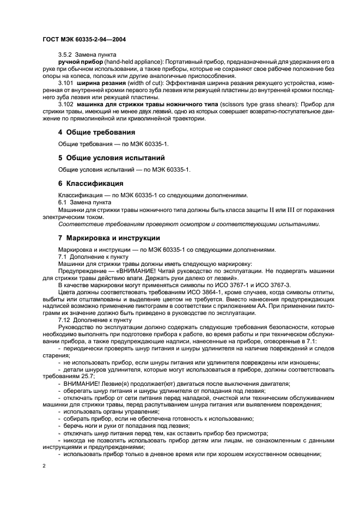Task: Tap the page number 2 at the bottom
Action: (44, 466)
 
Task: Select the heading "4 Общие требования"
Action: (97, 132)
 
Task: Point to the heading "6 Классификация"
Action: (90, 183)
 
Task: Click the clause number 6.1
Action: (63, 202)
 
